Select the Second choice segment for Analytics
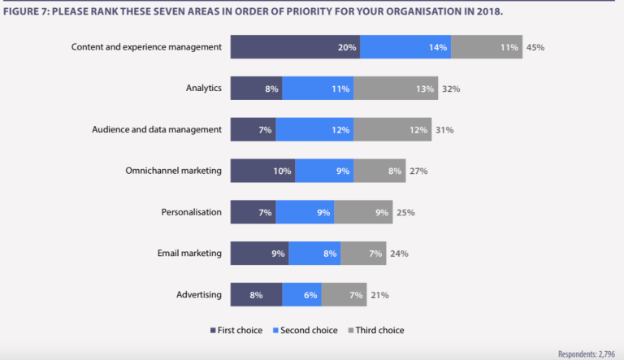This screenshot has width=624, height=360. point(318,89)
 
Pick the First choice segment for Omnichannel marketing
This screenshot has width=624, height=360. point(262,171)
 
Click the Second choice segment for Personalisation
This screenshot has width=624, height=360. point(305,212)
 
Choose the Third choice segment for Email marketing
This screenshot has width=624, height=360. point(363,254)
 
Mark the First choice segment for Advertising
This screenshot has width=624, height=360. point(256,295)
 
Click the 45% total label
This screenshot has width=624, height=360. point(535,47)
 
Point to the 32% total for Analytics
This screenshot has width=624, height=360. point(450,89)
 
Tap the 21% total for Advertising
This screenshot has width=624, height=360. point(379,295)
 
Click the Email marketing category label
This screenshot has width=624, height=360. point(189,254)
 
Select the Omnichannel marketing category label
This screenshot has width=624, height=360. point(173,171)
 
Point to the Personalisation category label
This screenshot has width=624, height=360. point(191,212)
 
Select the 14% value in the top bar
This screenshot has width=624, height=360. point(438,47)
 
